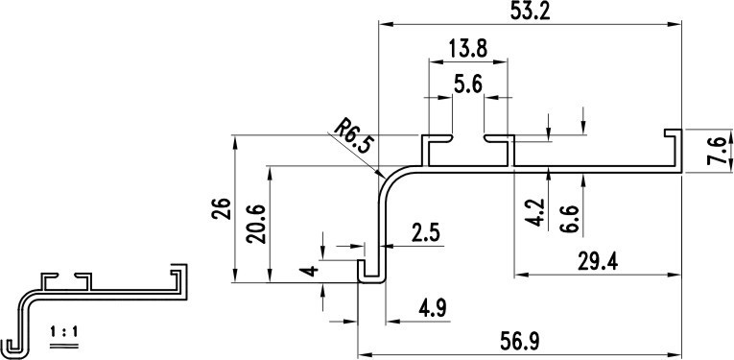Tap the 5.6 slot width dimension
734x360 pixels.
pos(468,84)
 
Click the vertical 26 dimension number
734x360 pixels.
pos(221,209)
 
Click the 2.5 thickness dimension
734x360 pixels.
pos(425,233)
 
